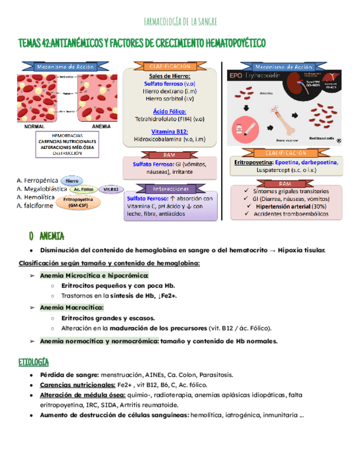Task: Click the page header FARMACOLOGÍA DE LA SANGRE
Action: point(180,22)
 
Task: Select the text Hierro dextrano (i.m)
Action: point(170,91)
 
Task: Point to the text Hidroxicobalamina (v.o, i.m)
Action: point(170,139)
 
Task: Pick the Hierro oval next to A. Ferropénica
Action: point(72,180)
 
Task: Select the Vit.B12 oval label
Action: point(111,189)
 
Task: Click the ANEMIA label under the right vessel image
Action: point(101,126)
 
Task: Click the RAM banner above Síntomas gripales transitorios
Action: point(285,183)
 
